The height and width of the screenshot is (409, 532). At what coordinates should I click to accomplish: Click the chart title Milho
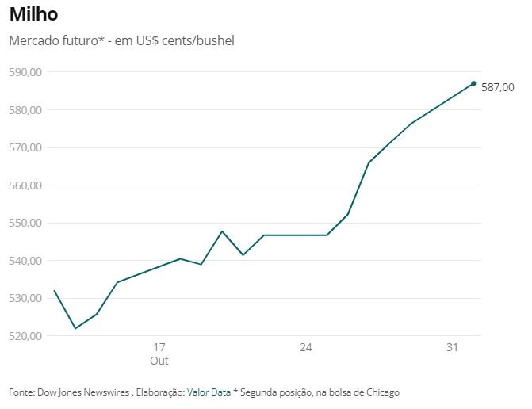[33, 14]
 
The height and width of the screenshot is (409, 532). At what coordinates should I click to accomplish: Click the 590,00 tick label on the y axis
[26, 72]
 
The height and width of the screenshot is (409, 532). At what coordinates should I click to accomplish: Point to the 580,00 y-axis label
[26, 110]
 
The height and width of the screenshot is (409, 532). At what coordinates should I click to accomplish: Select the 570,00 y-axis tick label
[26, 147]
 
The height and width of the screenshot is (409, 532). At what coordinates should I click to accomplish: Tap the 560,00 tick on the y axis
[26, 185]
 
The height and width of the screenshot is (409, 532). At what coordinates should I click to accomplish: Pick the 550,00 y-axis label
[26, 223]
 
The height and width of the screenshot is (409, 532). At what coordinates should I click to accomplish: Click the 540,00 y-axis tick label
[26, 261]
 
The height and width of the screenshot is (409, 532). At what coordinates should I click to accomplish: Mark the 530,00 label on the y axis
[26, 298]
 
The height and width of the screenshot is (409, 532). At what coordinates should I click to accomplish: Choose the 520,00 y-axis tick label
[26, 336]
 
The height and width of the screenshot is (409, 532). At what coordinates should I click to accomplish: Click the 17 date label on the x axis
[159, 347]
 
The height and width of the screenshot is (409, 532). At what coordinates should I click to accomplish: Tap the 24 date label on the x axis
[306, 347]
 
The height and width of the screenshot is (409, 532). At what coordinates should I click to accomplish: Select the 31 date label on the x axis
[453, 347]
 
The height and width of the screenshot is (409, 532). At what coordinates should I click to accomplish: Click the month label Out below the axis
[159, 361]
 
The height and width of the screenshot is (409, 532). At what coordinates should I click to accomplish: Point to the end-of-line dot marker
[473, 83]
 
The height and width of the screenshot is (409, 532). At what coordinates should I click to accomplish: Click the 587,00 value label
[498, 88]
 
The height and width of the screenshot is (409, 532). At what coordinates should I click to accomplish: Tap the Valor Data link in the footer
[209, 392]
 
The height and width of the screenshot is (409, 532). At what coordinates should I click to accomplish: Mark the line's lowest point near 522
[75, 328]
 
